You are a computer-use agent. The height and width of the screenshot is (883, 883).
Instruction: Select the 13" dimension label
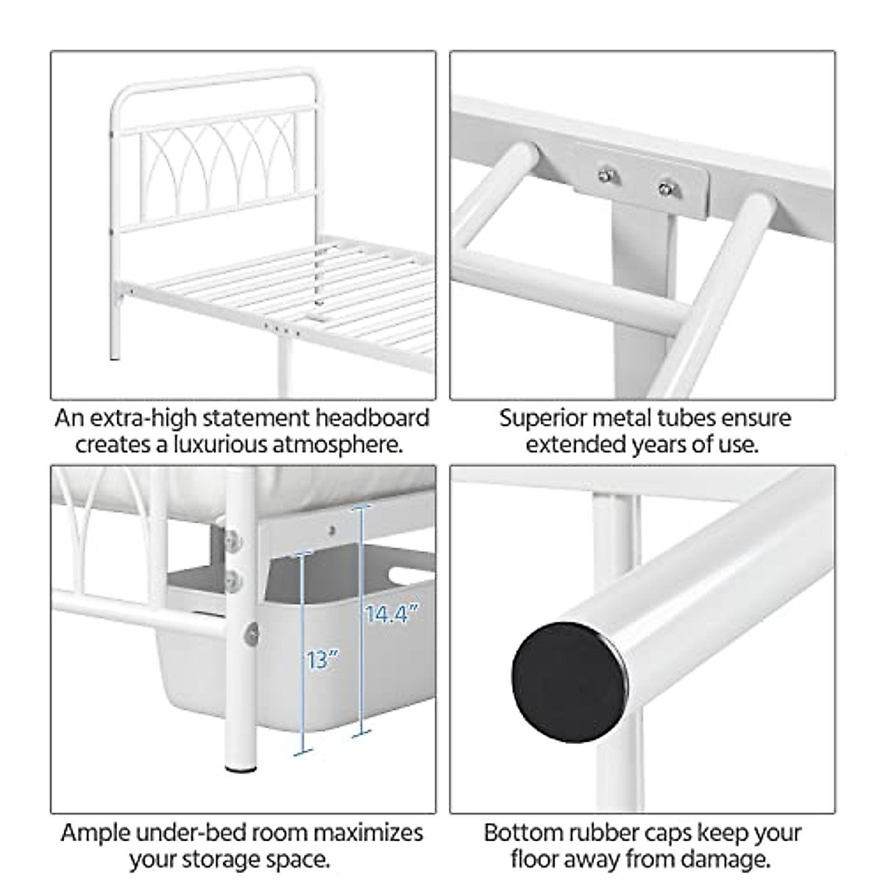click(322, 659)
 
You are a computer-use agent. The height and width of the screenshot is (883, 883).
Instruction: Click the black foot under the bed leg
click(235, 768)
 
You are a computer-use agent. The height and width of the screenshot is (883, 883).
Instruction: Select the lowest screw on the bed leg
click(253, 632)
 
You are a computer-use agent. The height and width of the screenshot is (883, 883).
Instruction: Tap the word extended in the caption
click(575, 445)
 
